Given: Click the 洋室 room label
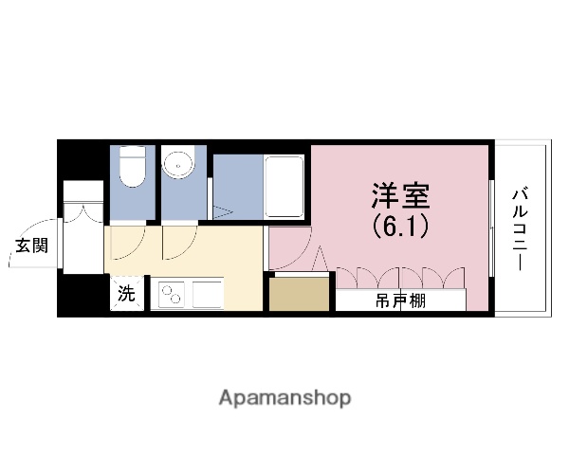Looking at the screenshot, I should point(399,197).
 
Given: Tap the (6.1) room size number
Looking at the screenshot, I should point(399,227).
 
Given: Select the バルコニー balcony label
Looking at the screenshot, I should point(520,227).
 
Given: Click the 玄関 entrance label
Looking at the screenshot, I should point(31,247).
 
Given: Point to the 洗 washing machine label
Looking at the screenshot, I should point(126,294).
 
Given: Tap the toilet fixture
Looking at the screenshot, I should point(132,168).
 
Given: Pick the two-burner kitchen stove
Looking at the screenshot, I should point(170,296).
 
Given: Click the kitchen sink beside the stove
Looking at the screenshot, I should point(208,295).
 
